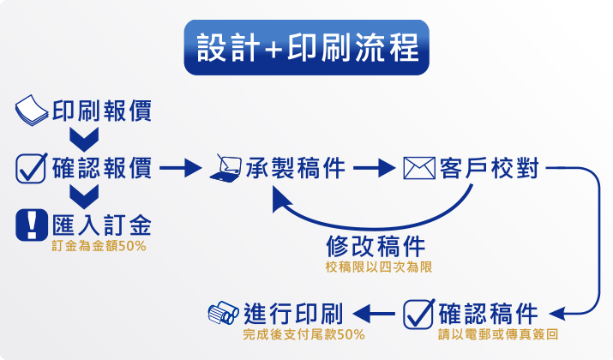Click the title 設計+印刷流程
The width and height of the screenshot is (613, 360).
point(307,47)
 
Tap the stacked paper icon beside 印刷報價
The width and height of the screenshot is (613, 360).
point(32,111)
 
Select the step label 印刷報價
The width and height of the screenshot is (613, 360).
point(102,111)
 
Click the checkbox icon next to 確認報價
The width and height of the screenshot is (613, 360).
point(31,168)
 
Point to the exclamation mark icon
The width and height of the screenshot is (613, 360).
point(32,225)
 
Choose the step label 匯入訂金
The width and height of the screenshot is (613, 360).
point(102,225)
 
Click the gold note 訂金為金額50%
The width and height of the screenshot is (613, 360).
point(99,246)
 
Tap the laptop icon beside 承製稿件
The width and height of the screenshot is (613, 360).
point(225,168)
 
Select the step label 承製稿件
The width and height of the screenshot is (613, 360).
point(296,168)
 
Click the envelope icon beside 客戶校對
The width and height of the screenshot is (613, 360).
point(419,168)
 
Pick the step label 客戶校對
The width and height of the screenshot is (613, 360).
point(490,168)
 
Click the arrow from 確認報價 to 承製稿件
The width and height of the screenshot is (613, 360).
point(181,168)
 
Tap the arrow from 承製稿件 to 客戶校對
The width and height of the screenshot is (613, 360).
point(374,168)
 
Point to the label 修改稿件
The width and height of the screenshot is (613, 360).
point(376,246)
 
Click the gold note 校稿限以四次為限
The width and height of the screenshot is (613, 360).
point(379,267)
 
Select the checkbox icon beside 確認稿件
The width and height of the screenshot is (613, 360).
point(419,314)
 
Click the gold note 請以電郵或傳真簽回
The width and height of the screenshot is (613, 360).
point(498,334)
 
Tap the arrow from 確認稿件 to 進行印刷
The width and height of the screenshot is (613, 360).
point(374,314)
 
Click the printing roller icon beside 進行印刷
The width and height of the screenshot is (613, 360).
point(223,313)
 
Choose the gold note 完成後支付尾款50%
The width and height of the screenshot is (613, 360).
point(304,334)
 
